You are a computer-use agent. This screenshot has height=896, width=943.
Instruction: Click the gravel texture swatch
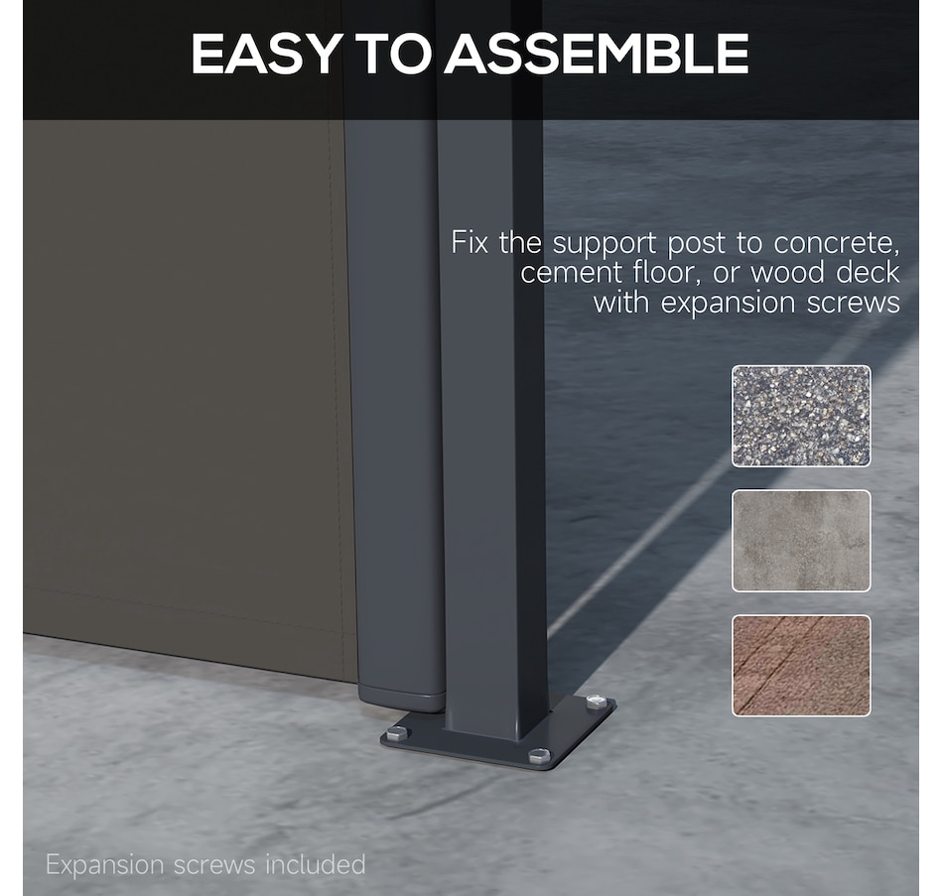[801, 416]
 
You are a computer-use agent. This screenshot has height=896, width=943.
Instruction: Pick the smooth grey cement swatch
[801, 541]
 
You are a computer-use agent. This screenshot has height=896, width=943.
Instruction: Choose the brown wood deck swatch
[801, 666]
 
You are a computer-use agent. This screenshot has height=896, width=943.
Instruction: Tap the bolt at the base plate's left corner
[397, 733]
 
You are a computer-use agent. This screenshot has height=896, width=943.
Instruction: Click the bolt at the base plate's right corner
[597, 702]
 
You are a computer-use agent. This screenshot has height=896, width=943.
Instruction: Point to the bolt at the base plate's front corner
[539, 755]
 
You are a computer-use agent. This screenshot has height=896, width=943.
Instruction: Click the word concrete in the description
[836, 243]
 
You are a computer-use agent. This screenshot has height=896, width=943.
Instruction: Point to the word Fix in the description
[470, 242]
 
